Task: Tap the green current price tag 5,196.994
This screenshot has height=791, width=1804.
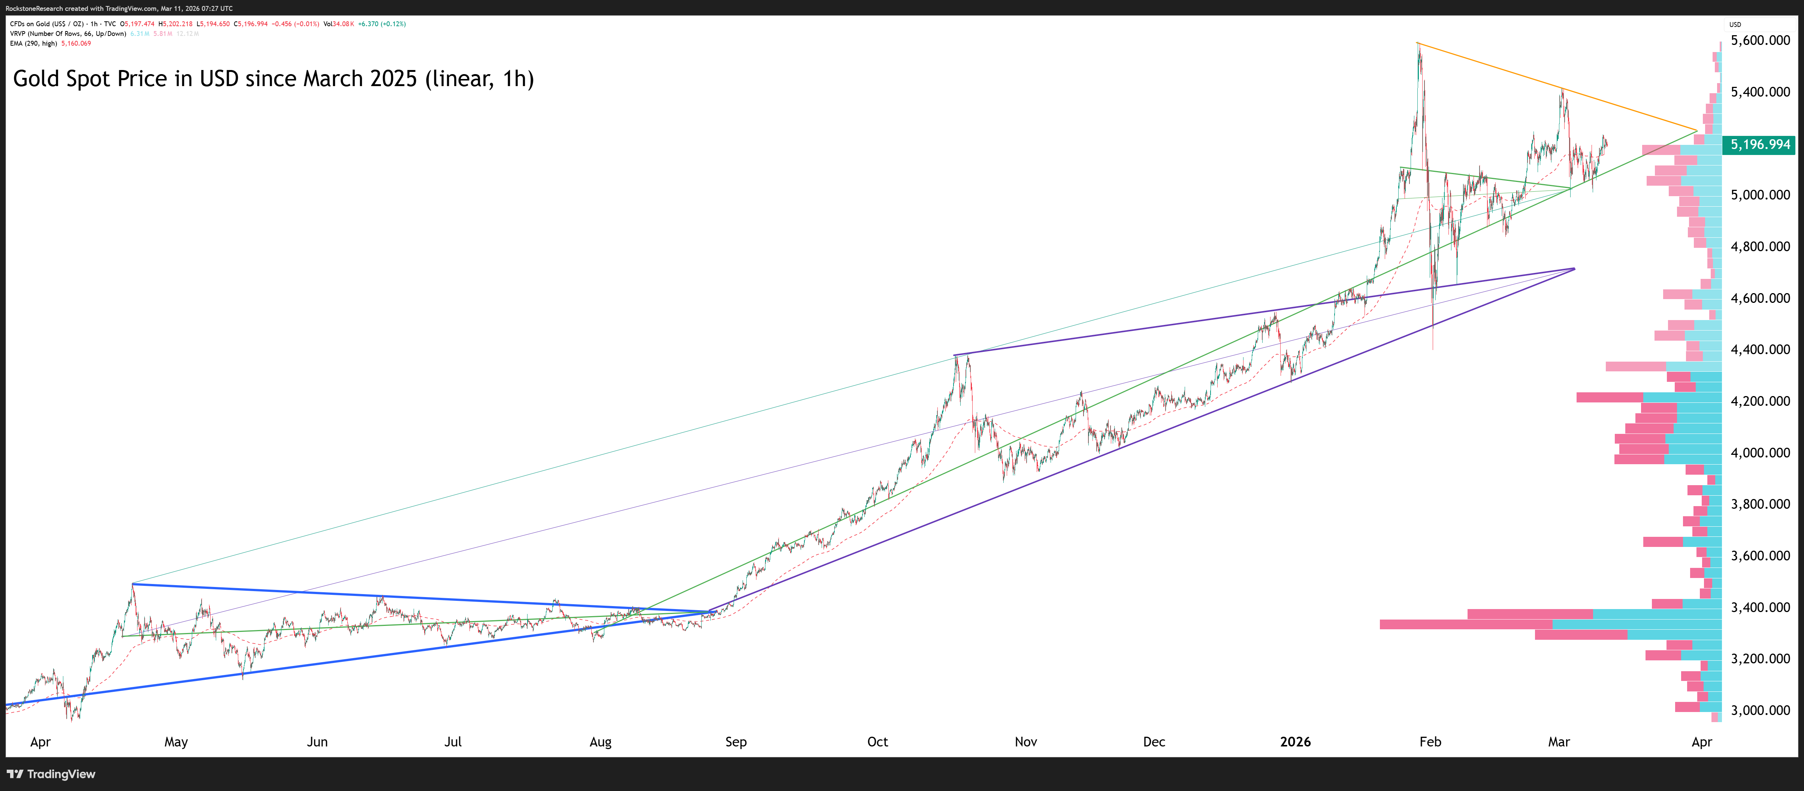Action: click(1760, 145)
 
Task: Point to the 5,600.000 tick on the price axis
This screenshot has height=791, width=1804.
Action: click(1760, 40)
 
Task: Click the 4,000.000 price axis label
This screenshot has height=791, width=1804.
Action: click(1760, 453)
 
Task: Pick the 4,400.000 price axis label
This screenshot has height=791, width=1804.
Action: click(1760, 349)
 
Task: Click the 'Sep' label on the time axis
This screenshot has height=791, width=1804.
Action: click(735, 742)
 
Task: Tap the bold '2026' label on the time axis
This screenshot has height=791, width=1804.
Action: click(1295, 742)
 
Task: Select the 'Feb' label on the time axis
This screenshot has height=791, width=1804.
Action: click(1430, 742)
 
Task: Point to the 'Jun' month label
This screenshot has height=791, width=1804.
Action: click(317, 742)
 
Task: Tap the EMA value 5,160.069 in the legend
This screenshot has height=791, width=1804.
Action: click(76, 43)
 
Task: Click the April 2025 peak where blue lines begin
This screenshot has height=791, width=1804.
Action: click(132, 584)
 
